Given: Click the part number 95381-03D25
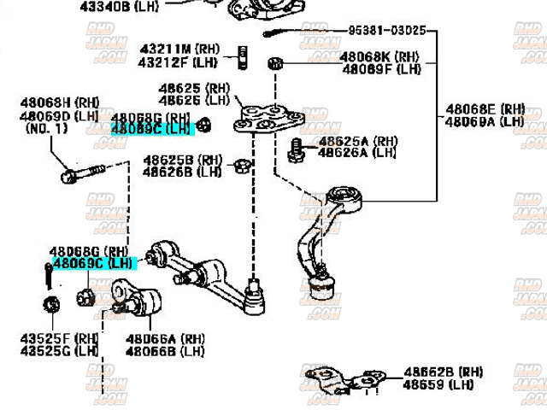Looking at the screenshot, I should (385, 31).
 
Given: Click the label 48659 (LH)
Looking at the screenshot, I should (438, 385).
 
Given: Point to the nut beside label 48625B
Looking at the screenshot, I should (241, 164).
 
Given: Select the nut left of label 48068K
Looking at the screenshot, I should (275, 63).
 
